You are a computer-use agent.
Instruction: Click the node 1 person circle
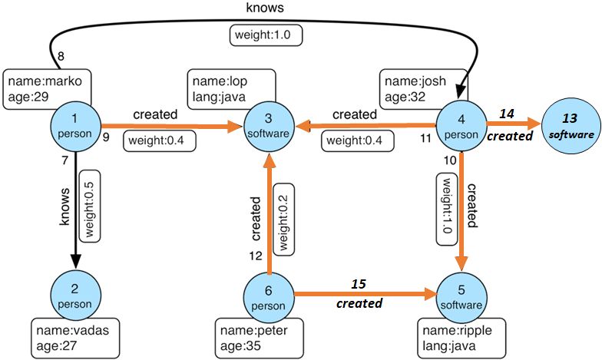click(x=76, y=125)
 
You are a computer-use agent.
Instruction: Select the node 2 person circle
click(x=75, y=294)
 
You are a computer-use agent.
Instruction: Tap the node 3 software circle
click(x=269, y=125)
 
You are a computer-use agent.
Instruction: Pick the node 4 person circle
click(x=461, y=125)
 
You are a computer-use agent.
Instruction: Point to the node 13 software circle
click(x=570, y=125)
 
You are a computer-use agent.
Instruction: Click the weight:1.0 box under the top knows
click(x=267, y=35)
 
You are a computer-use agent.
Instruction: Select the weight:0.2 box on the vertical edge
click(x=282, y=219)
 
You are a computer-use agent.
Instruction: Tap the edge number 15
click(x=359, y=284)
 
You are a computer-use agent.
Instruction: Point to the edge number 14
click(x=506, y=114)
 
